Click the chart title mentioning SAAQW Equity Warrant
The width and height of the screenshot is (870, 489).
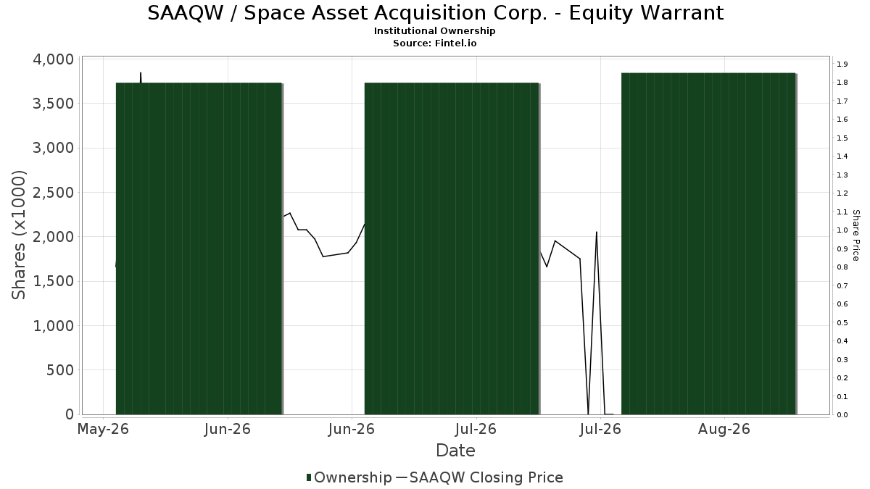(436, 13)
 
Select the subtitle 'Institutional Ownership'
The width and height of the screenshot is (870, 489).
(434, 31)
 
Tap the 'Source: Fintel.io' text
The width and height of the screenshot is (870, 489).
(434, 43)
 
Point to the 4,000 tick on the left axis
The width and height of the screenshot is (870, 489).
(53, 59)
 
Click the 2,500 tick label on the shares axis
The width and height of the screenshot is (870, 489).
(53, 193)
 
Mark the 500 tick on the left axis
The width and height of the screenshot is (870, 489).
(60, 370)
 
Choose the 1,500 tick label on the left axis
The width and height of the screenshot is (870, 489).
(53, 281)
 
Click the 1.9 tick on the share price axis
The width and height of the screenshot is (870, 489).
(842, 64)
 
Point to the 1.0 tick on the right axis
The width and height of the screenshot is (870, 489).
(842, 230)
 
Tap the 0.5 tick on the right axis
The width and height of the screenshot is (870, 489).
(842, 323)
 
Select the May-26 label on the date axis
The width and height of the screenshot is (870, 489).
(103, 429)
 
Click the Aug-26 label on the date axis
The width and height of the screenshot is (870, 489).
(724, 429)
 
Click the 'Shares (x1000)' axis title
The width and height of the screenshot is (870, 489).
(18, 235)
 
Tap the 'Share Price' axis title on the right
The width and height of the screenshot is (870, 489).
(855, 235)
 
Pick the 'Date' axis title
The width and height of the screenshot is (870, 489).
(455, 451)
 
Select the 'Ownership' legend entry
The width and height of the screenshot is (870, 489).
(349, 477)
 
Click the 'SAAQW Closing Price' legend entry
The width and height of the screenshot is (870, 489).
(479, 477)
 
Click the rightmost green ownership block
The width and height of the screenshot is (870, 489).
(709, 243)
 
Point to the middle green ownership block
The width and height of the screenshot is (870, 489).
(452, 248)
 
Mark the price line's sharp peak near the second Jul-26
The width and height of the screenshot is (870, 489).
(596, 232)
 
